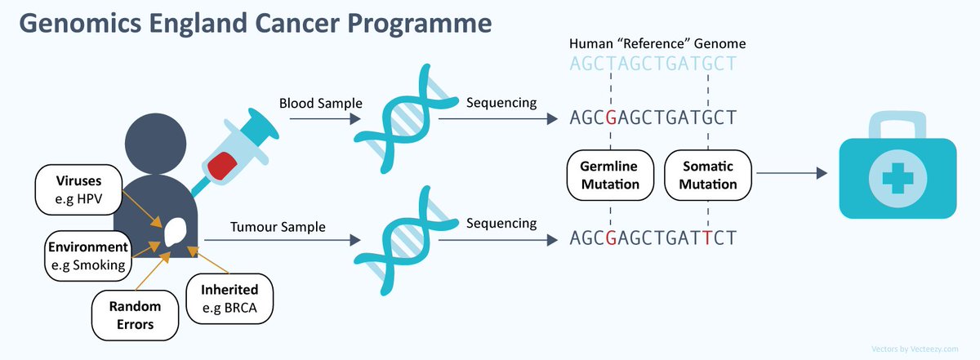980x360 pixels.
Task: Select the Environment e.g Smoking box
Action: (87, 256)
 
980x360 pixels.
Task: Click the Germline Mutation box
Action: (610, 175)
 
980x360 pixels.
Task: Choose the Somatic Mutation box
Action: (707, 175)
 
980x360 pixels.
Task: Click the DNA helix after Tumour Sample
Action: (399, 239)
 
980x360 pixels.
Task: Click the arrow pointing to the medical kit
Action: (791, 174)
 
